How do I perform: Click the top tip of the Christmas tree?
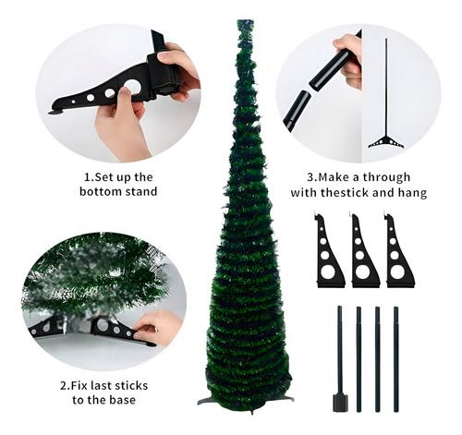[245, 22]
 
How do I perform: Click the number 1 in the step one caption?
[88, 176]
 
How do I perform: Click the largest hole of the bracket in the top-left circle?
[133, 87]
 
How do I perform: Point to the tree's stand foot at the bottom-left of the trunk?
[206, 400]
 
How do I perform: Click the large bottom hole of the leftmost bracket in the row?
[328, 272]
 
